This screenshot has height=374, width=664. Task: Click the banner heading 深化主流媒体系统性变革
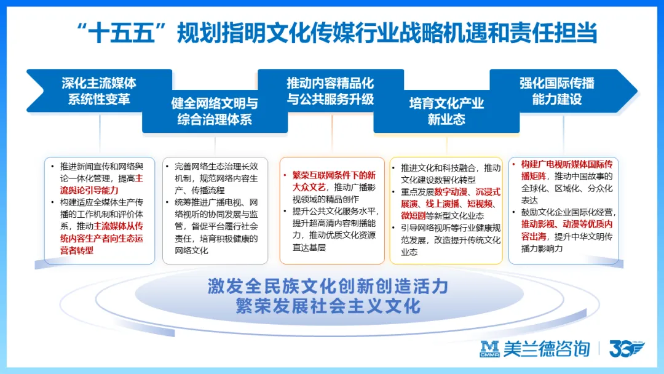point(99,90)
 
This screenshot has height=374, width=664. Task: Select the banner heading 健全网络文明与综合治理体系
point(215,111)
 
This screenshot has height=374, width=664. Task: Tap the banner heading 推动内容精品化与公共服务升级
point(330,90)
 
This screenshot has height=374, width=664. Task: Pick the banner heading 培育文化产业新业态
point(446,111)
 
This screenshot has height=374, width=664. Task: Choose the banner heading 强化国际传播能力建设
point(556,90)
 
